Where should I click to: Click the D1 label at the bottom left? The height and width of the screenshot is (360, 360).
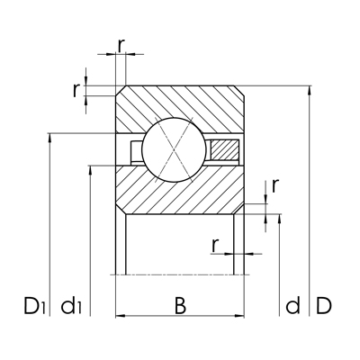[34, 307]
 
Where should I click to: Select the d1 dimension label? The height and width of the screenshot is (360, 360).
[73, 307]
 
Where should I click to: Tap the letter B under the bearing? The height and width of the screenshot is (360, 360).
[180, 306]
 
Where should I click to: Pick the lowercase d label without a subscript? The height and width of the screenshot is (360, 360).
[292, 307]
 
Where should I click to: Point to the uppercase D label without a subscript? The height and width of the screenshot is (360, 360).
[324, 307]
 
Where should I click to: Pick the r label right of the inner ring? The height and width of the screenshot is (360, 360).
[274, 184]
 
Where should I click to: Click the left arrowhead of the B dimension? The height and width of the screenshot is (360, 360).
[120, 315]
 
